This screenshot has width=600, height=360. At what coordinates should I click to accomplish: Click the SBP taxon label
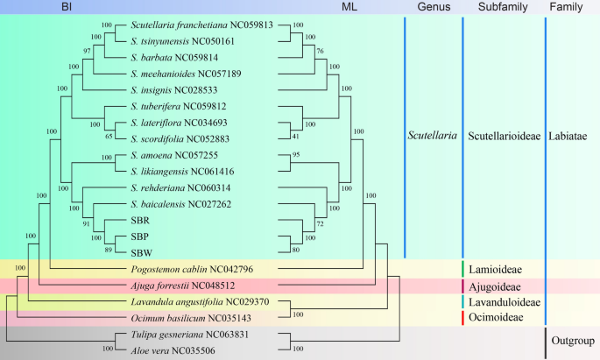[140, 236]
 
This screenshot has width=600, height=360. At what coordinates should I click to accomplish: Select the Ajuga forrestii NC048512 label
[182, 286]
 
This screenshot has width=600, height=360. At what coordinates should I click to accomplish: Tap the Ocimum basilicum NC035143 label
[185, 318]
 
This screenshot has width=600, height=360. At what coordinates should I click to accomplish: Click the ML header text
[349, 7]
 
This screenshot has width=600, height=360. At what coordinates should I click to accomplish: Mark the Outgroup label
[573, 341]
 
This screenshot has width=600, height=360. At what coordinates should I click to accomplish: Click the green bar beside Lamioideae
[462, 269]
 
